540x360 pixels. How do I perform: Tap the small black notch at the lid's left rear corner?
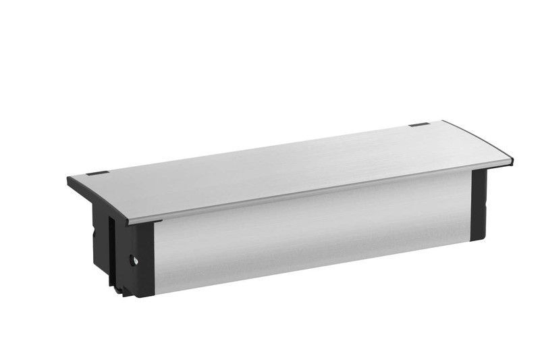click(x=97, y=173)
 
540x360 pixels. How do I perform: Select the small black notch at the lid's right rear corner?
click(x=418, y=126)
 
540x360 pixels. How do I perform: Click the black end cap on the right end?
click(x=479, y=204)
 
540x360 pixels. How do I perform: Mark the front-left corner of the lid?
click(x=128, y=222)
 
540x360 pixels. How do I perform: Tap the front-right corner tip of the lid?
click(x=512, y=162)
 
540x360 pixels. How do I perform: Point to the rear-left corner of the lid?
click(x=69, y=178)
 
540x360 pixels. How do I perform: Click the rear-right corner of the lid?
click(x=443, y=122)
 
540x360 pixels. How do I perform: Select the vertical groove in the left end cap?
click(x=111, y=250)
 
